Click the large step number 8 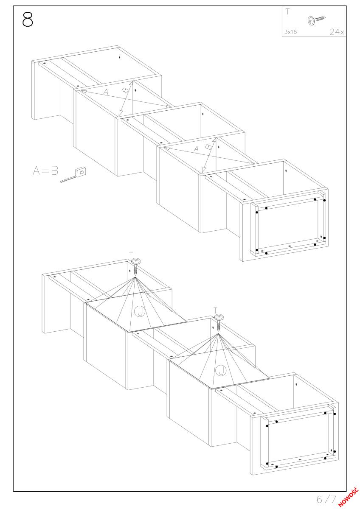pyautogui.click(x=28, y=20)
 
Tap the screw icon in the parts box pyautogui.click(x=316, y=20)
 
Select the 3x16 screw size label pyautogui.click(x=290, y=32)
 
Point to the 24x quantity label pyautogui.click(x=337, y=31)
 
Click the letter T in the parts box pyautogui.click(x=288, y=11)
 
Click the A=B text pyautogui.click(x=45, y=171)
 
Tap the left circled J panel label pyautogui.click(x=140, y=311)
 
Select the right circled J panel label pyautogui.click(x=221, y=371)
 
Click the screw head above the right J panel pyautogui.click(x=219, y=317)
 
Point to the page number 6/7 pyautogui.click(x=326, y=499)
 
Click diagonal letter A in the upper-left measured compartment pyautogui.click(x=106, y=92)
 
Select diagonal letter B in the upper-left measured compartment pyautogui.click(x=125, y=90)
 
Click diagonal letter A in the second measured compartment pyautogui.click(x=196, y=149)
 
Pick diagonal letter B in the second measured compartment pyautogui.click(x=208, y=147)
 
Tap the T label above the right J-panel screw pyautogui.click(x=215, y=310)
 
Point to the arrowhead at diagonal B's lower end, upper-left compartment pyautogui.click(x=121, y=112)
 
